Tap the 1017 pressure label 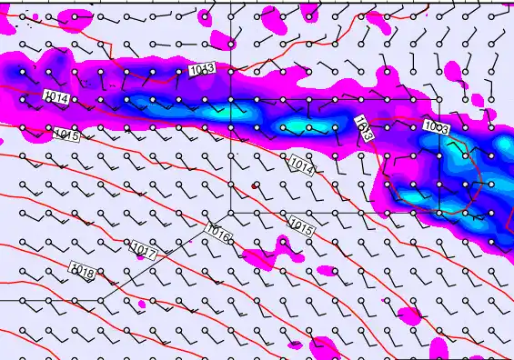click(144, 248)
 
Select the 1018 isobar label click(83, 270)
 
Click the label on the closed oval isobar click(437, 128)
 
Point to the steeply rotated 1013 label click(364, 126)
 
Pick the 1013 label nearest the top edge click(202, 69)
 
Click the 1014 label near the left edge click(55, 96)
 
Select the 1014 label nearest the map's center click(303, 165)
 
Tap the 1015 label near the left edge click(66, 135)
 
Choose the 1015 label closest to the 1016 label click(301, 225)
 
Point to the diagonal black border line click(164, 255)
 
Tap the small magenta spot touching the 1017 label click(139, 257)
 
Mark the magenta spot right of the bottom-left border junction click(142, 303)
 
